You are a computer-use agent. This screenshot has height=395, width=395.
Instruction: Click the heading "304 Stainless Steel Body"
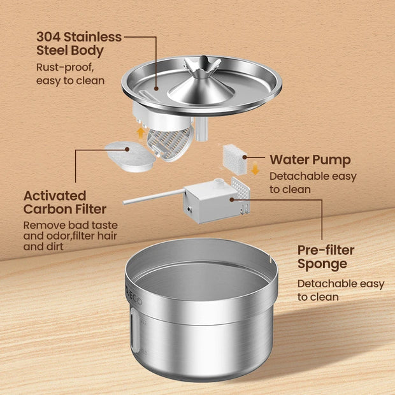point(79,43)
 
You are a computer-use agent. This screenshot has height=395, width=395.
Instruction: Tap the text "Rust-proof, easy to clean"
point(69,73)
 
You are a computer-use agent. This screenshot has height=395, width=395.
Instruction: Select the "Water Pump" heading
point(310,159)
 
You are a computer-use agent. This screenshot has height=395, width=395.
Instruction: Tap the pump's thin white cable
point(153,198)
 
